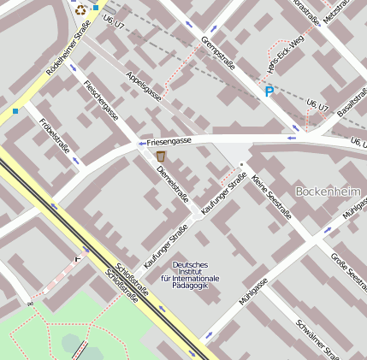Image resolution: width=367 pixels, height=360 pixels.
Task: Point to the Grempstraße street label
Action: [x=217, y=54]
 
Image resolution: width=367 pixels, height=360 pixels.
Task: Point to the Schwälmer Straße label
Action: [x=317, y=339]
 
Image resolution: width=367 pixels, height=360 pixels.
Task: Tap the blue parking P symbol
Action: [x=269, y=91]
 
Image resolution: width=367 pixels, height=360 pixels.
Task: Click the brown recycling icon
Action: [x=80, y=10]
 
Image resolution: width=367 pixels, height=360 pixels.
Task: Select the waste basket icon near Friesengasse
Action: [x=161, y=156]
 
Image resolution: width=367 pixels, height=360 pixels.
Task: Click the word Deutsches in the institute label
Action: [x=189, y=265]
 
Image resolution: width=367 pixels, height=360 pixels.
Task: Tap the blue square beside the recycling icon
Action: [x=96, y=8]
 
